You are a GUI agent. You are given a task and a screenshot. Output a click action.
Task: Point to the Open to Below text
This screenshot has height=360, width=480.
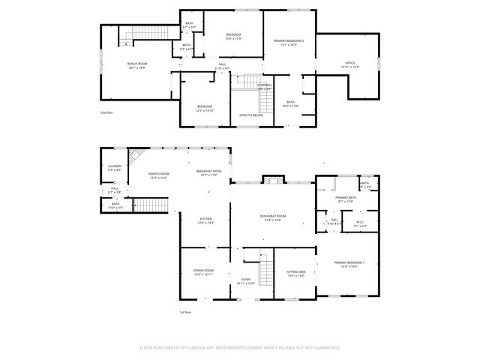(250, 115)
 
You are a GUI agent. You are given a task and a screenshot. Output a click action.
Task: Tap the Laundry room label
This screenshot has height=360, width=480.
(115, 168)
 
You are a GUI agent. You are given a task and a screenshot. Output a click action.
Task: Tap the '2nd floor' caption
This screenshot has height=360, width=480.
(107, 112)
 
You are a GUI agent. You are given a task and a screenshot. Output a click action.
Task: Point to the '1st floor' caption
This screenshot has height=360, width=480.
(185, 312)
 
